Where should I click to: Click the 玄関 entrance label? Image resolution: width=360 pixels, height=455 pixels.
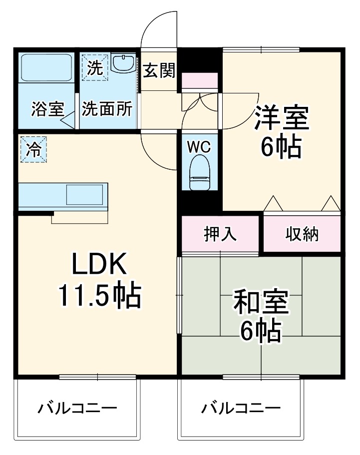point(159,71)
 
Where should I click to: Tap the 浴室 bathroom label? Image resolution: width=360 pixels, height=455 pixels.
point(47,109)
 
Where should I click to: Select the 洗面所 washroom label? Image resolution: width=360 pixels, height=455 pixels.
point(107,108)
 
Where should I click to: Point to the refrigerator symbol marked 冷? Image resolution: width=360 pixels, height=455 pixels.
point(33,149)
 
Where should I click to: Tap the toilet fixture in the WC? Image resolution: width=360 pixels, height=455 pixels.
point(201,172)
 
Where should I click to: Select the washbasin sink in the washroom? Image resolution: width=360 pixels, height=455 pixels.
point(123,64)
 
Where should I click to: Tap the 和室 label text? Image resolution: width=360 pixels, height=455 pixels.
point(261,304)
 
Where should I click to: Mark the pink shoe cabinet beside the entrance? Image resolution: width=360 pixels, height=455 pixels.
point(200,80)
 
